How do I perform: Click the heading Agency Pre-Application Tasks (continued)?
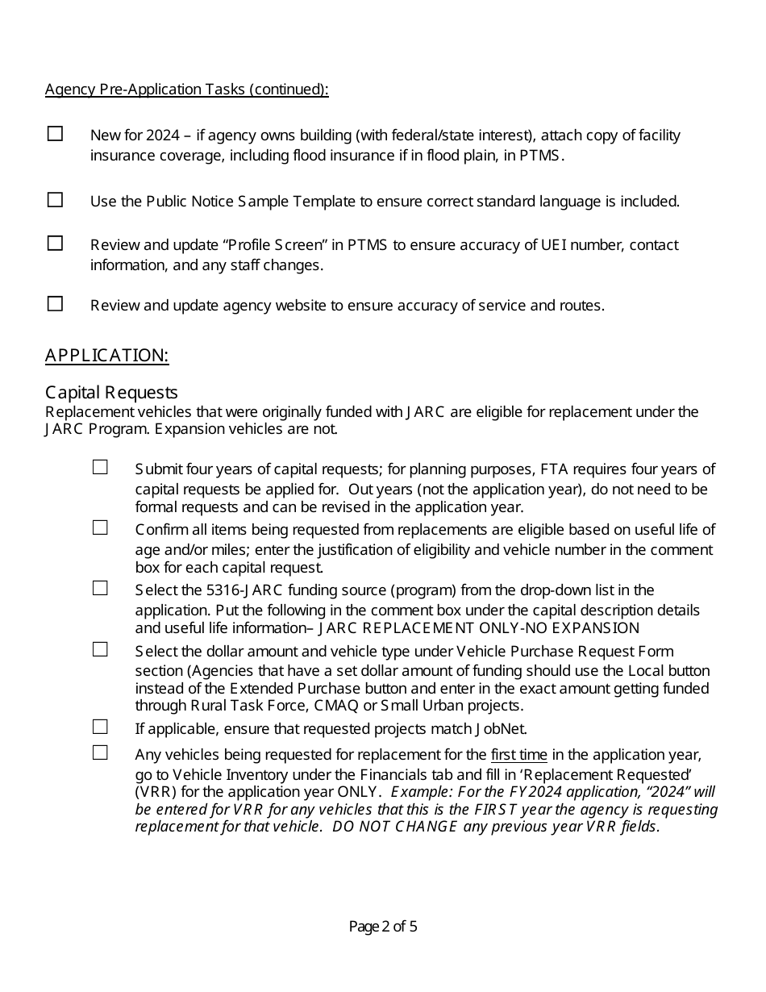coord(186,90)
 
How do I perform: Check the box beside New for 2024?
coord(55,134)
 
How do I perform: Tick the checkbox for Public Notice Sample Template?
coord(55,200)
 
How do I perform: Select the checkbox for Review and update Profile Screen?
coord(55,243)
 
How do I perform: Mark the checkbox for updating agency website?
coord(55,304)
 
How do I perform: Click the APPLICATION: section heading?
coord(106,356)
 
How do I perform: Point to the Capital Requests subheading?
coord(111,393)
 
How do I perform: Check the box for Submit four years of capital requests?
coord(100,467)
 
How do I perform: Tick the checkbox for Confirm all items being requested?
coord(100,528)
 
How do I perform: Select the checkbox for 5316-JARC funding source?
coord(100,589)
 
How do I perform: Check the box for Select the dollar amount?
coord(100,649)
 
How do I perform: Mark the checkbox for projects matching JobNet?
coord(100,727)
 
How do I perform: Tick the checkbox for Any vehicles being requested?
coord(100,752)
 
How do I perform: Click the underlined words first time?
coord(518,756)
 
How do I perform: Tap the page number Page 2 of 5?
coord(383,927)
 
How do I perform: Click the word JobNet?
coord(500,730)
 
